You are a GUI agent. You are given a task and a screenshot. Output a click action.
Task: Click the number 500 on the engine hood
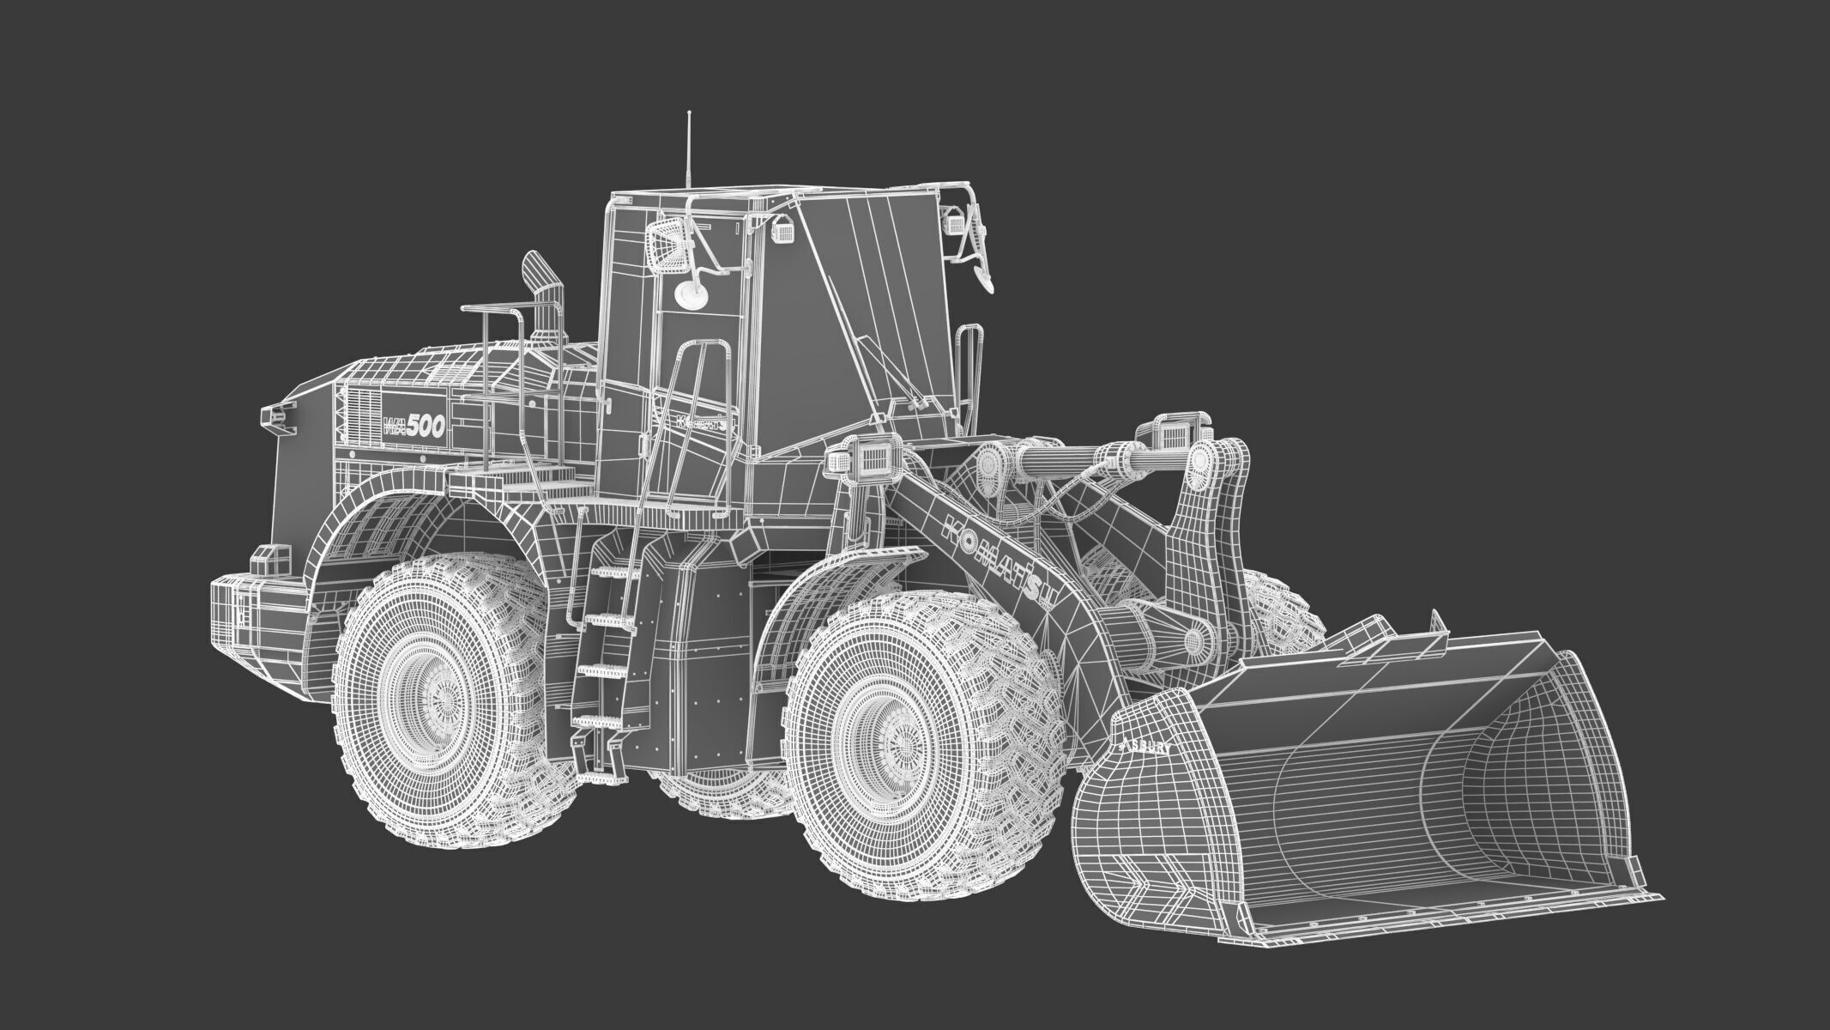426,427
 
